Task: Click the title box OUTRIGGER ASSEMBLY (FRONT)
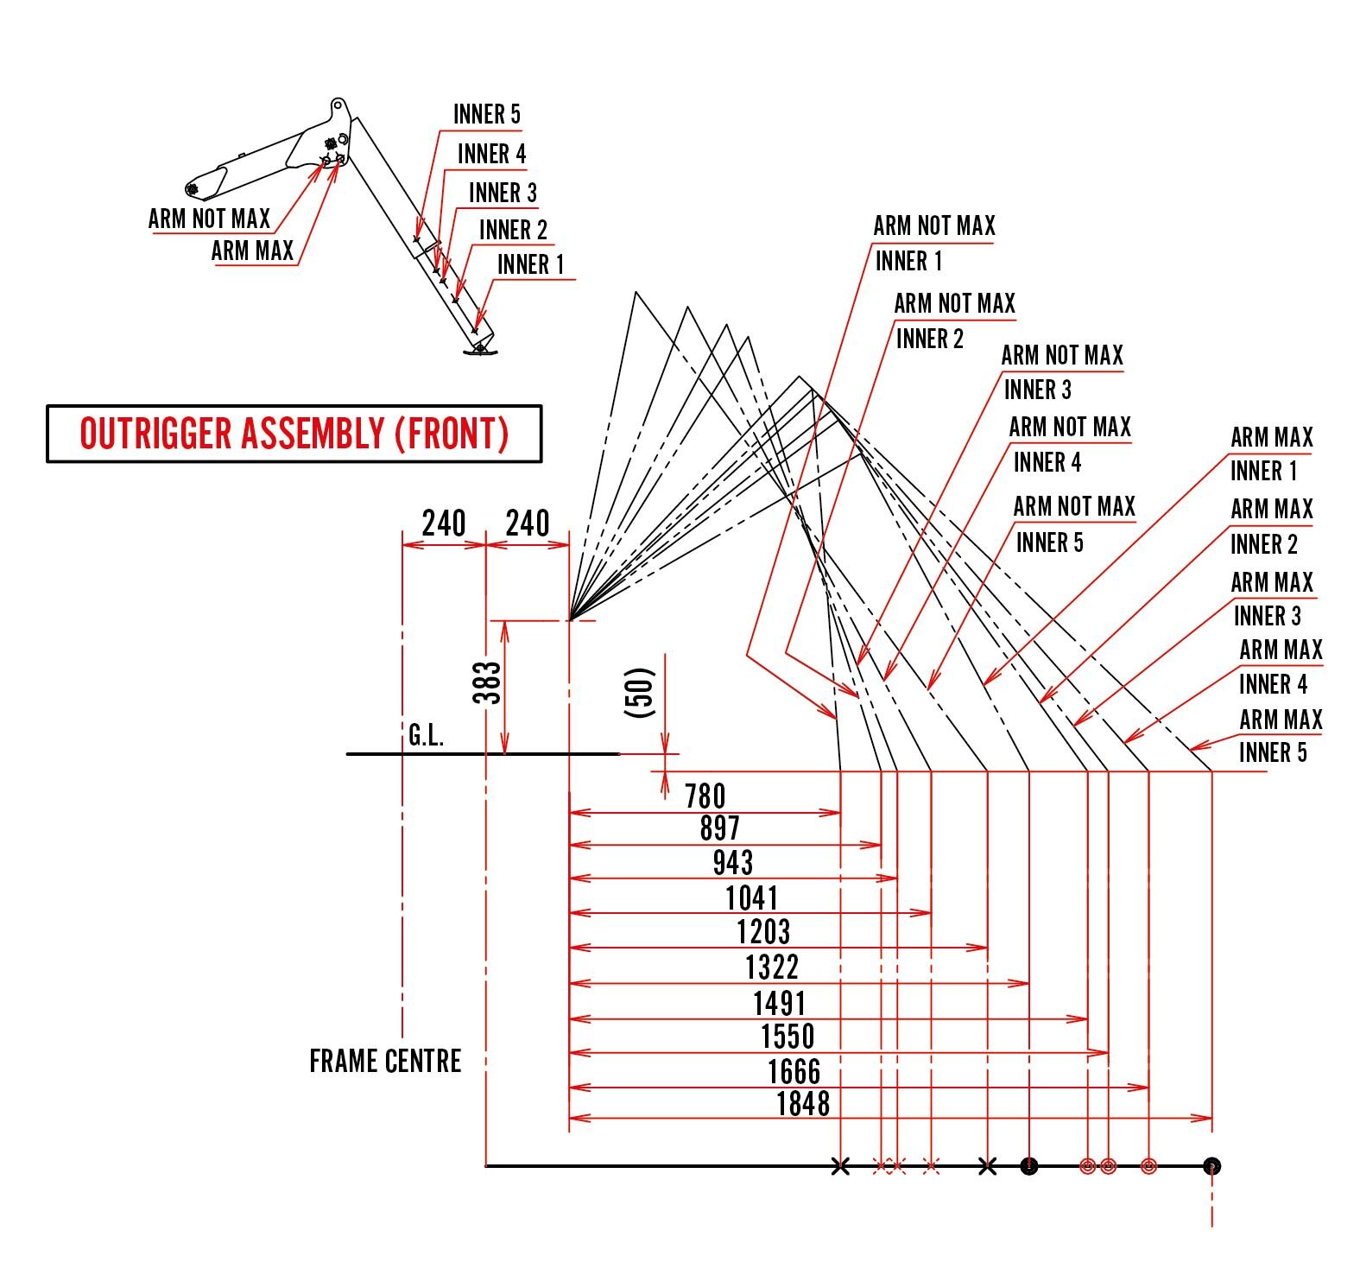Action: [x=294, y=434]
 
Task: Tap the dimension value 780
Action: [x=705, y=796]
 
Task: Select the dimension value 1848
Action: [x=802, y=1103]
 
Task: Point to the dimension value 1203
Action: [x=763, y=932]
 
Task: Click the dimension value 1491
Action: [x=779, y=1003]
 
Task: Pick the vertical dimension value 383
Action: [x=488, y=682]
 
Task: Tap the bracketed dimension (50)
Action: [x=640, y=692]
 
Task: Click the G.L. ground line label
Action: [x=426, y=736]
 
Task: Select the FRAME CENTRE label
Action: [x=385, y=1061]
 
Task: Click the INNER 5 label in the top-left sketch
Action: [x=486, y=114]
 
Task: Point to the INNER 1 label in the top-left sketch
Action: [x=529, y=264]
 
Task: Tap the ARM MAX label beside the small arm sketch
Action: [x=252, y=251]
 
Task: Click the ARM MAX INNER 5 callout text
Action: [x=1280, y=736]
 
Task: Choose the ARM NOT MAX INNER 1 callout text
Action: [x=933, y=243]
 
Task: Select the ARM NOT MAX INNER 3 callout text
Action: [x=1060, y=372]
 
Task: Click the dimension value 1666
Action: [x=794, y=1071]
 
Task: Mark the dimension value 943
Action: [x=732, y=862]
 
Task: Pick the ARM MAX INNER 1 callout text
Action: [x=1270, y=454]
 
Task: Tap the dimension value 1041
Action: [x=751, y=898]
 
